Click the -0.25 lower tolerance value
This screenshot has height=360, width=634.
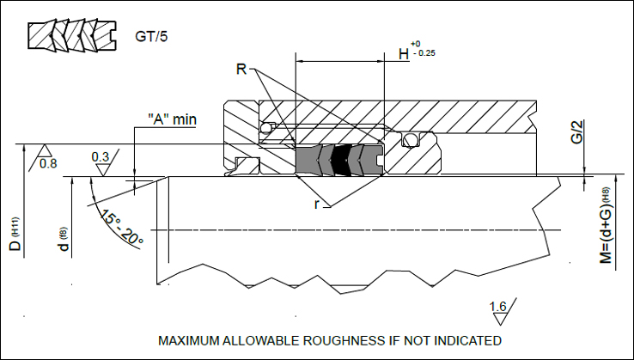[x=424, y=53]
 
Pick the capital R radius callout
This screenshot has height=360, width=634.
[x=241, y=69]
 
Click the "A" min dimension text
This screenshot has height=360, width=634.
[x=172, y=119]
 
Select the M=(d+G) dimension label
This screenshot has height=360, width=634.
[x=605, y=225]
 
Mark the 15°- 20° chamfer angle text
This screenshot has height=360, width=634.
[x=122, y=226]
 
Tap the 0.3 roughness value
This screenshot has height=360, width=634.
[x=101, y=157]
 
